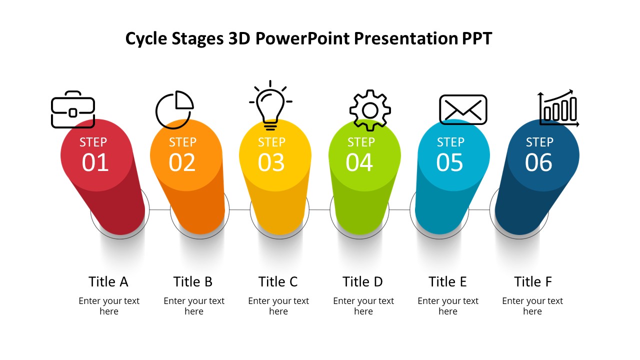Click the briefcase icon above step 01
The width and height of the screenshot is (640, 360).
pyautogui.click(x=73, y=109)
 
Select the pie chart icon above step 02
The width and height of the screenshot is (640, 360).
pyautogui.click(x=174, y=109)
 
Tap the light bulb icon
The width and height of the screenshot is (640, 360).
pyautogui.click(x=270, y=105)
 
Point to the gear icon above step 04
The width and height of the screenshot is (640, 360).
pyautogui.click(x=370, y=110)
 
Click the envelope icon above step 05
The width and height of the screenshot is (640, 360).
pyautogui.click(x=463, y=109)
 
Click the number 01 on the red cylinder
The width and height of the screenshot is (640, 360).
pyautogui.click(x=95, y=162)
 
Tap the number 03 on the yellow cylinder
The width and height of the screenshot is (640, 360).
pyautogui.click(x=271, y=162)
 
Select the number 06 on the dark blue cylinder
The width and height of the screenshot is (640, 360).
pyautogui.click(x=538, y=162)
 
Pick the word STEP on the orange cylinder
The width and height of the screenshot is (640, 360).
pyautogui.click(x=182, y=142)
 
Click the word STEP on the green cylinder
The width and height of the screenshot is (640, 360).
pyautogui.click(x=361, y=142)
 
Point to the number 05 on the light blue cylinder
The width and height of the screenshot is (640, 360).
pyautogui.click(x=449, y=162)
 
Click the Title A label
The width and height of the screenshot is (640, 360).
pyautogui.click(x=108, y=281)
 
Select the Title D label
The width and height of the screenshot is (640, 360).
pyautogui.click(x=362, y=281)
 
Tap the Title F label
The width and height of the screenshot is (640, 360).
pyautogui.click(x=533, y=281)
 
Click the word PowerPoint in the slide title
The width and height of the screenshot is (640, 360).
pyautogui.click(x=302, y=38)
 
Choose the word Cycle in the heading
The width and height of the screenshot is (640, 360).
pyautogui.click(x=146, y=39)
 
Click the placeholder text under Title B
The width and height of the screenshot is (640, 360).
pyautogui.click(x=194, y=306)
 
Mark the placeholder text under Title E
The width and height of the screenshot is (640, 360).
pyautogui.click(x=448, y=306)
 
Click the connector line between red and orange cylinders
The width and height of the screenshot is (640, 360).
pyautogui.click(x=159, y=209)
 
